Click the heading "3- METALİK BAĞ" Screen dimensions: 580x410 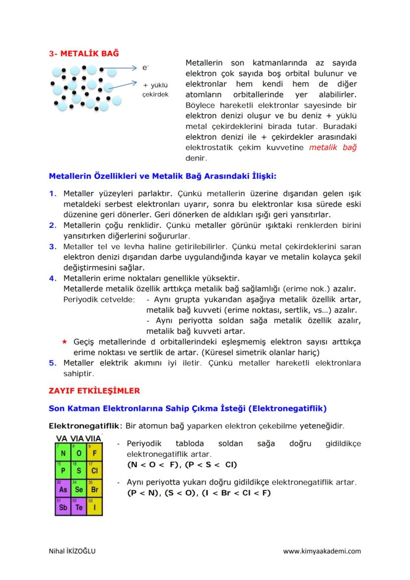coord(84,53)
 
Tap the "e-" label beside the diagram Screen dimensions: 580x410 coord(145,67)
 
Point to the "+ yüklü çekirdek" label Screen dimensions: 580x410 coord(155,89)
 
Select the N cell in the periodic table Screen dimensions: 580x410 coord(63,453)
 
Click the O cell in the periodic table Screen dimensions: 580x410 coord(78,453)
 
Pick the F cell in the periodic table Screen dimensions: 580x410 coord(94,453)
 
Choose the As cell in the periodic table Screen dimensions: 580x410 coord(63,489)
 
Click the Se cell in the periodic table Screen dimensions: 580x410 coord(78,489)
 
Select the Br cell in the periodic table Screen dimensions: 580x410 coord(94,489)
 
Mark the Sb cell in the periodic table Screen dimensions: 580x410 coord(63,507)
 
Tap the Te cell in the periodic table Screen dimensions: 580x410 coord(78,507)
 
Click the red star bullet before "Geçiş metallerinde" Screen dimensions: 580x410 coord(64,342)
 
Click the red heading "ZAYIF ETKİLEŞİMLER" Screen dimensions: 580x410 coord(94,391)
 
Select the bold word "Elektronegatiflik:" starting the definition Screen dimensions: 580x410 coord(85,426)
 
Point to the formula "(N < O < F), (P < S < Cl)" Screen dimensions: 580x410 coord(182,465)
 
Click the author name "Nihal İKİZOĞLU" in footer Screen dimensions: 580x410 coord(72,551)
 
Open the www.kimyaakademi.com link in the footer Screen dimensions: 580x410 coord(322,551)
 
